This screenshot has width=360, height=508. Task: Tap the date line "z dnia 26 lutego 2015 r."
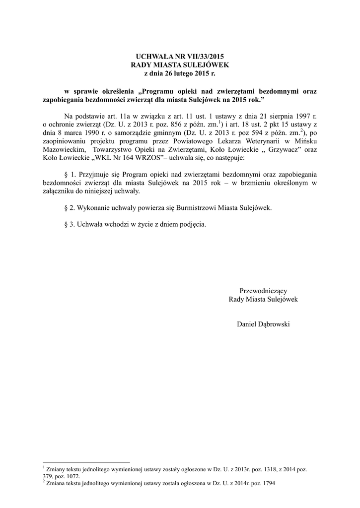tap(180, 73)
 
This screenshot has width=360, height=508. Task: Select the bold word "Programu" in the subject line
tap(161, 91)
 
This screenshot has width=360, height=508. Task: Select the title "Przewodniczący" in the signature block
tap(263, 291)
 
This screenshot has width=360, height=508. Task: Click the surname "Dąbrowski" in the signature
tap(275, 324)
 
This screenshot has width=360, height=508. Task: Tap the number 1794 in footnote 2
tap(266, 482)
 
